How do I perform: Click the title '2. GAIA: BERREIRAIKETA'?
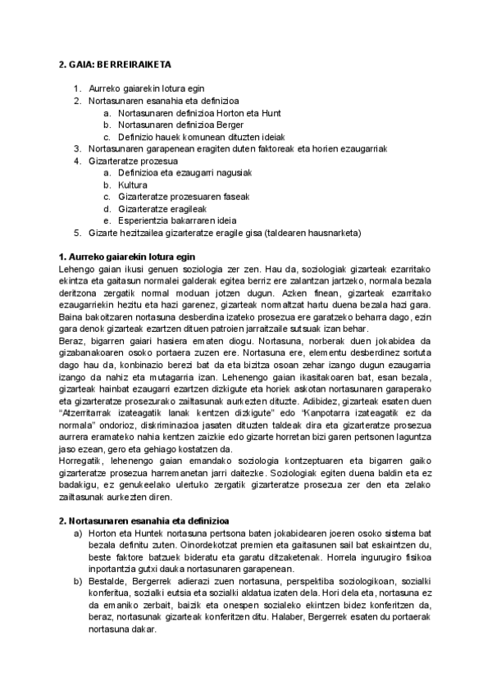115,64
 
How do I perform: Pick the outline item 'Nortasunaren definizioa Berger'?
170,125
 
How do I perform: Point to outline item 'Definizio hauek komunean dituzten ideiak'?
201,137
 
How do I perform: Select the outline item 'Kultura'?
133,185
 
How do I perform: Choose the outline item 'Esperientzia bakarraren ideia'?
176,221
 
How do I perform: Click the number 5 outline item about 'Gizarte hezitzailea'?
224,233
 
